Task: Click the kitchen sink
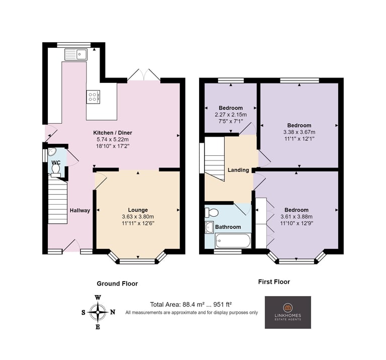76,54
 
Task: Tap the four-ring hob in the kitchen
93,97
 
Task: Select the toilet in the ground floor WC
56,170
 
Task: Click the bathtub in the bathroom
233,240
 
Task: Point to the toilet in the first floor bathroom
212,213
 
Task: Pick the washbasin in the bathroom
209,227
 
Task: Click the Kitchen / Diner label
113,133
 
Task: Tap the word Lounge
138,210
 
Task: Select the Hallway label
80,210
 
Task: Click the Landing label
238,170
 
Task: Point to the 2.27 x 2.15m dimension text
231,115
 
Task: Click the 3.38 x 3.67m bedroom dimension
299,132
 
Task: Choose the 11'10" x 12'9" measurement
297,223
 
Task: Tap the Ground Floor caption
117,284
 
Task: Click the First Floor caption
274,282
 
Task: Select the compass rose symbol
98,312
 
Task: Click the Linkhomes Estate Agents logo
288,312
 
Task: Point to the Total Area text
191,305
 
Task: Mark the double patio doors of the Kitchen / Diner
144,74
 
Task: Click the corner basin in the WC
52,152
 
